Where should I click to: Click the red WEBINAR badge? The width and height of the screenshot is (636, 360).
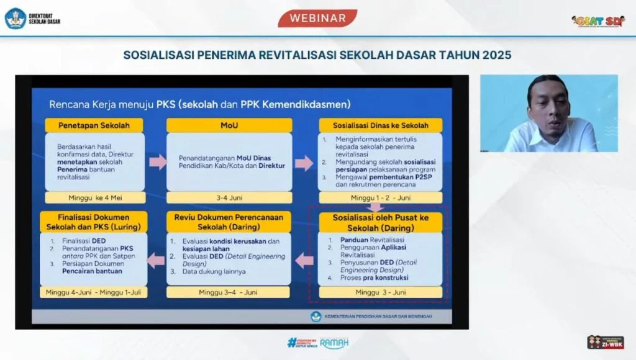(317, 18)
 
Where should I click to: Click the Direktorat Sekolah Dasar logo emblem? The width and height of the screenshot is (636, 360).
(16, 18)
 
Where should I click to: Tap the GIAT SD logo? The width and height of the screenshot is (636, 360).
(598, 21)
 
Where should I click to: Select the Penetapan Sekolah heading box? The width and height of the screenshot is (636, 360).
(94, 125)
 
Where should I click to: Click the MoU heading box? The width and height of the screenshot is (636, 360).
(229, 125)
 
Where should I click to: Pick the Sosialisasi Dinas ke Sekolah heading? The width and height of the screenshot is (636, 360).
(380, 125)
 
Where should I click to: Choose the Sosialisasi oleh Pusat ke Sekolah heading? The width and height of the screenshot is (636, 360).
(380, 222)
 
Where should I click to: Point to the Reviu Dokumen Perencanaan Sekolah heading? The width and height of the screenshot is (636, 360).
(229, 222)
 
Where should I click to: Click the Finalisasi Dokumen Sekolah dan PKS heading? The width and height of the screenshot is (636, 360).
(94, 222)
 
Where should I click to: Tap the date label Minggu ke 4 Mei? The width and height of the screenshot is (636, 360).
(94, 197)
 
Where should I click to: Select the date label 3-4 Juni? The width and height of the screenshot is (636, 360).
(229, 197)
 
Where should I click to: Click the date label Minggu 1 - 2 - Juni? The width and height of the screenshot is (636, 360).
(380, 197)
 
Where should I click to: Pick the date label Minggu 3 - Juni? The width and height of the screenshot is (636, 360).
(380, 292)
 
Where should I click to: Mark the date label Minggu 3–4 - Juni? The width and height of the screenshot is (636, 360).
(229, 292)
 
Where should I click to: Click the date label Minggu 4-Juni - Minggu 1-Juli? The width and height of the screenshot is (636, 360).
(94, 292)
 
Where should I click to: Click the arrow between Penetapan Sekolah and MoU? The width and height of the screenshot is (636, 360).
(158, 162)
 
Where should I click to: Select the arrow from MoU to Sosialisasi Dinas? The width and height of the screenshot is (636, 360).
(304, 163)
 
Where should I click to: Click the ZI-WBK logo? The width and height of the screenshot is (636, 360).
(605, 342)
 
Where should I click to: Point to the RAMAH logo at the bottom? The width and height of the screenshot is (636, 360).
(334, 343)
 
